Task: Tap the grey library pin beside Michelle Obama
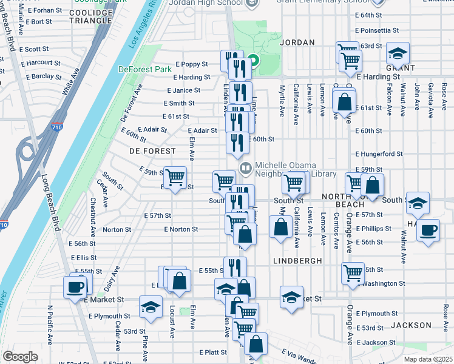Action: coord(246,167)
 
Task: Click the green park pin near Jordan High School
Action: coord(253,60)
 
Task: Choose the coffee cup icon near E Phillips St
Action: coord(429,230)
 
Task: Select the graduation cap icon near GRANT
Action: coord(398,54)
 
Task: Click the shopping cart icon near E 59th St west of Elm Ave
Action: coord(175,177)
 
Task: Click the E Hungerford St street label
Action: coord(379,154)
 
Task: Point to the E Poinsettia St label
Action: coord(377,30)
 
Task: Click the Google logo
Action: coord(20,357)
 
